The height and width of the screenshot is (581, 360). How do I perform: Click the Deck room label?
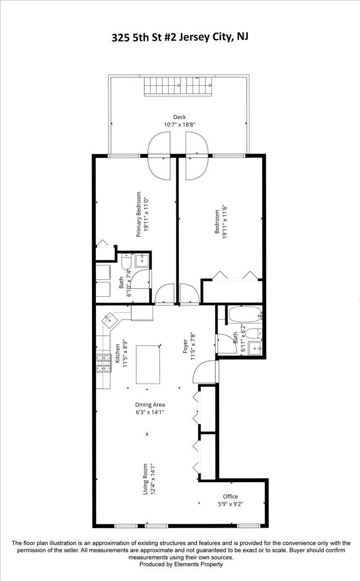coord(180,117)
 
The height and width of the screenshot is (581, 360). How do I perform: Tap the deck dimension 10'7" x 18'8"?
coord(179,125)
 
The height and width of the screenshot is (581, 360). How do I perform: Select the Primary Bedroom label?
coord(139,214)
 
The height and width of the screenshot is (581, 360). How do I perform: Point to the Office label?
coord(231,496)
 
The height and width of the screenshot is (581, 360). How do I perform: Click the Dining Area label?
coord(150,405)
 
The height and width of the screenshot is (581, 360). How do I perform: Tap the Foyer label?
coord(185,346)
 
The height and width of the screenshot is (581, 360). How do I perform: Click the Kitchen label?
coord(118,353)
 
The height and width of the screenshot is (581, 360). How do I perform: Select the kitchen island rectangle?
coord(148,364)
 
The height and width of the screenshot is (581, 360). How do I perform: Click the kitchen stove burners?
coord(104,364)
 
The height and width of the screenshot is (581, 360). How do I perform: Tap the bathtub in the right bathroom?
coord(245,315)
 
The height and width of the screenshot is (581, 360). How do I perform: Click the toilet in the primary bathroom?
coord(126,261)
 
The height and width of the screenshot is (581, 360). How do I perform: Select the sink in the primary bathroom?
coord(142,260)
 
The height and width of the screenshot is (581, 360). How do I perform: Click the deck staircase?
coord(178,86)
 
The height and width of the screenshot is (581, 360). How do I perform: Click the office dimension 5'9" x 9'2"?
coord(231,504)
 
